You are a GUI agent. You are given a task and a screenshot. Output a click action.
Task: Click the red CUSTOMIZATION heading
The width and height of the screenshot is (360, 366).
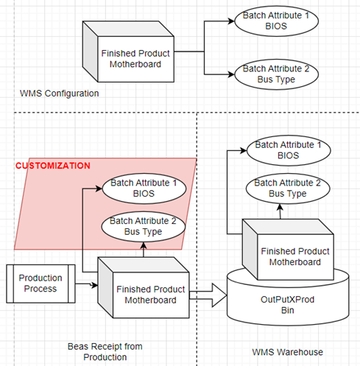(53, 166)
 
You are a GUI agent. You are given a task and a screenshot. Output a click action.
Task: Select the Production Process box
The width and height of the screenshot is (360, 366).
(40, 284)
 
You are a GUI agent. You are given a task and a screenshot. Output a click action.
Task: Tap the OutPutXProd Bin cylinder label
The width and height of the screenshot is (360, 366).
(287, 305)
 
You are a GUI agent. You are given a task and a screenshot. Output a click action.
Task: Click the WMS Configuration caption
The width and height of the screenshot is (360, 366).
(59, 94)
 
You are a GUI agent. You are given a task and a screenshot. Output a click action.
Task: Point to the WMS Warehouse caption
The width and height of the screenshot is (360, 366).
(287, 352)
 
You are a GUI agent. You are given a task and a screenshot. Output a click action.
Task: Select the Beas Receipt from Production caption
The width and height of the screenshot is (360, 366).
(105, 351)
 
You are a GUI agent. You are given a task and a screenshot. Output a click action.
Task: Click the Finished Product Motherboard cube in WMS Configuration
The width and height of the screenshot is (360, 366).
(128, 52)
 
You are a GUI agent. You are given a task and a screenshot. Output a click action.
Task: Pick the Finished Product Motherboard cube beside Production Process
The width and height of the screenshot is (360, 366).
(144, 288)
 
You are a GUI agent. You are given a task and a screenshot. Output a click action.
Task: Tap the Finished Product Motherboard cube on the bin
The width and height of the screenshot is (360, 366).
(288, 250)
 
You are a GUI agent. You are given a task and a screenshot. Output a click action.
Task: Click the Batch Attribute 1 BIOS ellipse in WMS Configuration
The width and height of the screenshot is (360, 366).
(276, 21)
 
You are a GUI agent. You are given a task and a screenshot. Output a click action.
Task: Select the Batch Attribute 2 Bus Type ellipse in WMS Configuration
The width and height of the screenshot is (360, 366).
(276, 74)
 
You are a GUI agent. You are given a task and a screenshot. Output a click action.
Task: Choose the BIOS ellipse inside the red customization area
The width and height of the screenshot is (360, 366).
(144, 189)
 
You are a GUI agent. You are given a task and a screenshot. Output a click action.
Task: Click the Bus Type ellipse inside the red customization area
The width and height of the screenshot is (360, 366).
(144, 227)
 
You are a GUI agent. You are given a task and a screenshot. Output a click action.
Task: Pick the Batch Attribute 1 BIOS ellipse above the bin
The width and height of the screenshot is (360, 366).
(289, 150)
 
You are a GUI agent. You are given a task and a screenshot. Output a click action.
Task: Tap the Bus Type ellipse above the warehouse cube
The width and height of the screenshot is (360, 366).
(288, 189)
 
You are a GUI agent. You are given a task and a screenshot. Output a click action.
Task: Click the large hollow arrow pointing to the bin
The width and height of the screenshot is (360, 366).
(208, 295)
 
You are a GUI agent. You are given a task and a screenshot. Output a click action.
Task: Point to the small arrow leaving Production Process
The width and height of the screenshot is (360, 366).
(86, 284)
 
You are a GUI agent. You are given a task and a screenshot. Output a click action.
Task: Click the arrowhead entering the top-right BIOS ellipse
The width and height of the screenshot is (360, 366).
(231, 21)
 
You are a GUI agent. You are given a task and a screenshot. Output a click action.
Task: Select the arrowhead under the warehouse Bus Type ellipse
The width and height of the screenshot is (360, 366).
(280, 207)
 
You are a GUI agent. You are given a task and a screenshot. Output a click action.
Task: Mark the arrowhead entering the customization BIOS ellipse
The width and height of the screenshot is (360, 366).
(99, 189)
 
